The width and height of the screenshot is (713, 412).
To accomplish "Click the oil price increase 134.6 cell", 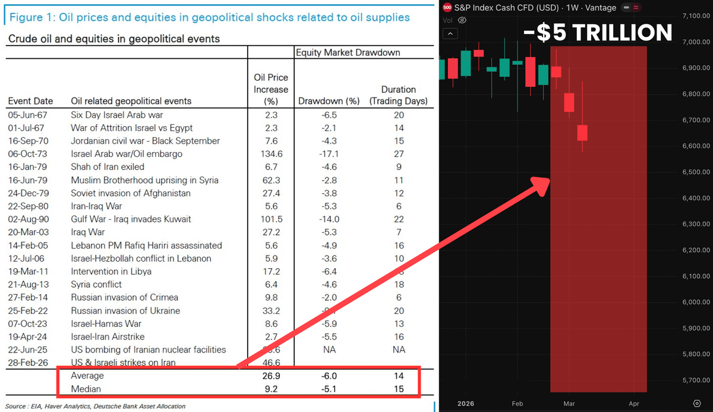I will tap(271, 154).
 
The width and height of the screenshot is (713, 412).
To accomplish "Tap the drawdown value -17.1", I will tap(329, 154).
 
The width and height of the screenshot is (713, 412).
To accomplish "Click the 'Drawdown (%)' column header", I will tap(329, 101).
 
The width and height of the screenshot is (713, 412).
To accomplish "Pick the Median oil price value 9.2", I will tap(271, 389).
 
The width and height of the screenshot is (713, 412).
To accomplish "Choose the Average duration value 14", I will tap(398, 376).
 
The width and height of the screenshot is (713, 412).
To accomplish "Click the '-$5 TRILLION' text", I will tap(597, 33).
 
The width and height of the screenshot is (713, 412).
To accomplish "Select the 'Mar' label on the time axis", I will tap(569, 404).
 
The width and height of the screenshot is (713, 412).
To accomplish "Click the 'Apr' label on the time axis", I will tap(633, 404).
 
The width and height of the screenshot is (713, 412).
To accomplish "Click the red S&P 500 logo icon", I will tap(447, 7).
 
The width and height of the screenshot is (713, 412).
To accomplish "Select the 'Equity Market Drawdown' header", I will tap(348, 52).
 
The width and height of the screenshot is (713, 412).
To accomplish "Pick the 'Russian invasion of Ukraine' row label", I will tap(125, 310).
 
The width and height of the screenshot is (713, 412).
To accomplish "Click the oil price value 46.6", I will tap(271, 362).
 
